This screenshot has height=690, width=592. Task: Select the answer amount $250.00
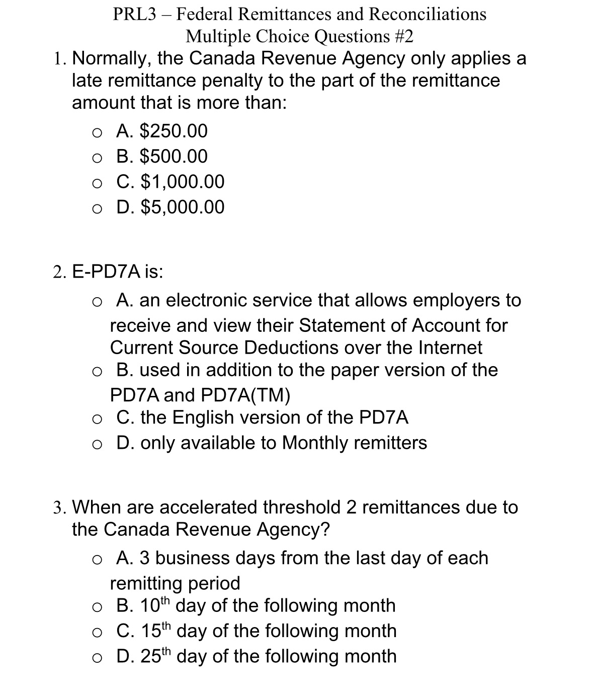point(173,131)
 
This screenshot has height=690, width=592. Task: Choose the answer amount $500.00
point(173,156)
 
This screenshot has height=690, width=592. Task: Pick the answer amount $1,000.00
point(182,181)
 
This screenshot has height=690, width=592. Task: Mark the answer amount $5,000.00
point(182,206)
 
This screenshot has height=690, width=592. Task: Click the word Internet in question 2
point(450,348)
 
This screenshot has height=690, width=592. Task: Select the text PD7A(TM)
point(245,395)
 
